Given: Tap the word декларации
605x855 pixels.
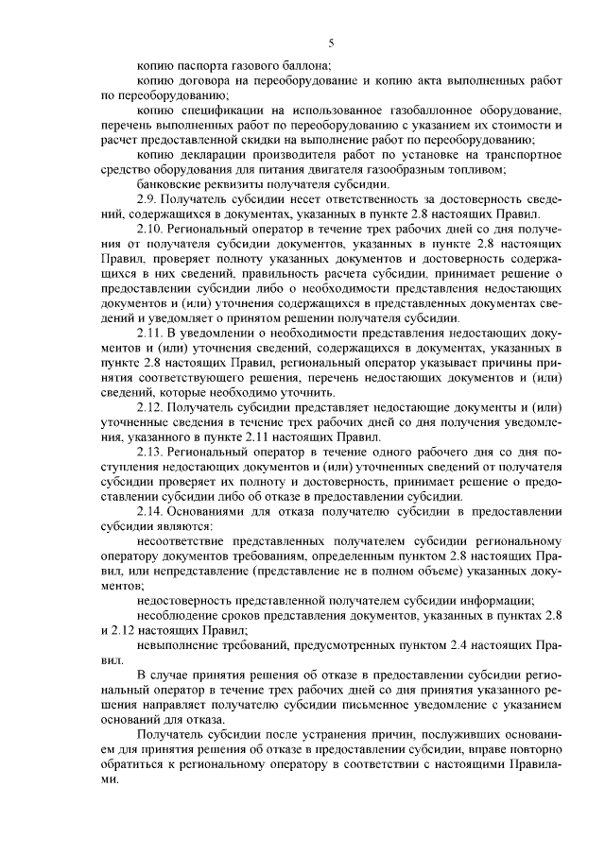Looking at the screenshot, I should tap(210, 154).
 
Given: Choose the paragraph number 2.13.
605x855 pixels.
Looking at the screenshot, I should tap(151, 451).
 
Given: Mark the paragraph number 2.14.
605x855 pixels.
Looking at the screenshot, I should tap(151, 510).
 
